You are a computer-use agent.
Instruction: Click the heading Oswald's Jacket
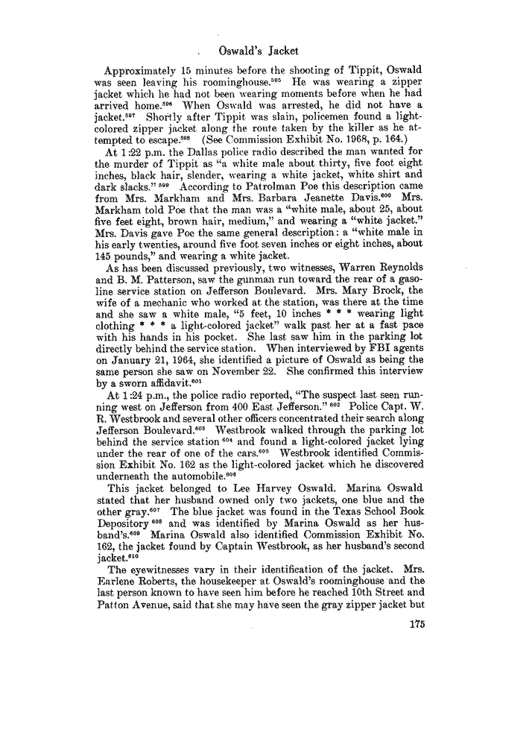pyautogui.click(x=260, y=51)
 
